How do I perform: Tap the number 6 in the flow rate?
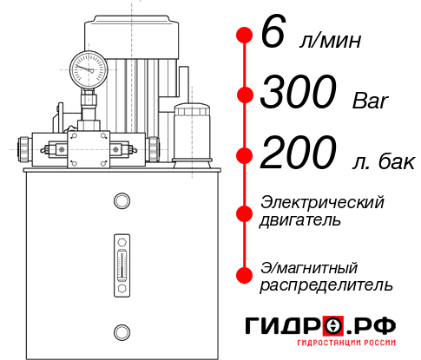[271, 35]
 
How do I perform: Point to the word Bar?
[371, 99]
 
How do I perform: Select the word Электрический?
[322, 202]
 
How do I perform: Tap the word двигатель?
[300, 219]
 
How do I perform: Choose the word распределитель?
[326, 285]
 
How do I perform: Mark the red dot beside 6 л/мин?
[244, 36]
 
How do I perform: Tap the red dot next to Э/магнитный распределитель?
[244, 275]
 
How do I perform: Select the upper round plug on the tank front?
[121, 201]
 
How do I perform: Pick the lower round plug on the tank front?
[121, 331]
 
